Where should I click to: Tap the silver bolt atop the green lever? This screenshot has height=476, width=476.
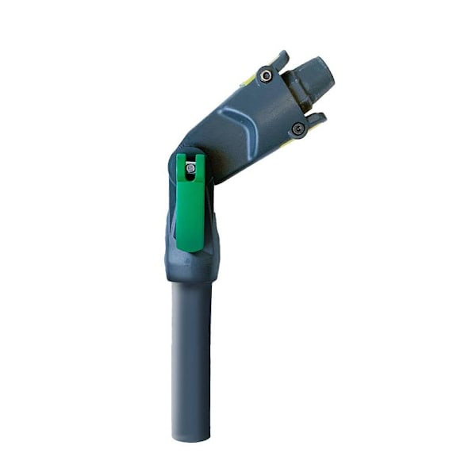[x=190, y=167]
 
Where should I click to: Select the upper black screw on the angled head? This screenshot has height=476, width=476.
[x=266, y=76]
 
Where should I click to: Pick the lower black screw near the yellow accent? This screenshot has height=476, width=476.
[x=298, y=129]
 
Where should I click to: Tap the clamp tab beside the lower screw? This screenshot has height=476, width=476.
[x=315, y=120]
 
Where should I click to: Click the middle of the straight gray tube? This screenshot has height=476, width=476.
[x=191, y=357]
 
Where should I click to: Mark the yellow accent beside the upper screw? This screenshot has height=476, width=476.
[x=249, y=79]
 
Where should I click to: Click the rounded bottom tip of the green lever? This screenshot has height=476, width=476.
[x=190, y=247]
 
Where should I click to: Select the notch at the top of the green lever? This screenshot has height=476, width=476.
[x=190, y=159]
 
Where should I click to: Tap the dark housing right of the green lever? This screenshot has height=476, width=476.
[x=210, y=222]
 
